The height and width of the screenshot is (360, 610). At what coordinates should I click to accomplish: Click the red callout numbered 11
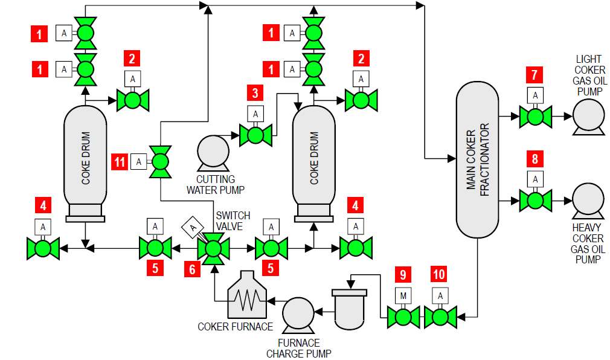[x=120, y=161]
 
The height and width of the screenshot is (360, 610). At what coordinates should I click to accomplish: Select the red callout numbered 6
[x=193, y=269]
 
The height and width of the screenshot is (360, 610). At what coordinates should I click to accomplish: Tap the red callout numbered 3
[x=255, y=93]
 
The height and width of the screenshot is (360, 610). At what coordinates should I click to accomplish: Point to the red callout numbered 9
[x=402, y=275]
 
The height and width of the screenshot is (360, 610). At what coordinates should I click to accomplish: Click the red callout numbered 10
[x=440, y=275]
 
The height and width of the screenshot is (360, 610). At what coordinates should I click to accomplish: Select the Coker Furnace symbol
[x=245, y=295]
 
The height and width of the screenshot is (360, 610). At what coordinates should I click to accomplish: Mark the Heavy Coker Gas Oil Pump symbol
[x=588, y=200]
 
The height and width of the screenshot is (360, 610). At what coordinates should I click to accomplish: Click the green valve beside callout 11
[x=161, y=161]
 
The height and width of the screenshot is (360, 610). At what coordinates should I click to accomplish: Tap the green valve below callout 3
[x=255, y=134]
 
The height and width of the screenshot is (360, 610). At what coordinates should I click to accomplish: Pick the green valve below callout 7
[x=535, y=116]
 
